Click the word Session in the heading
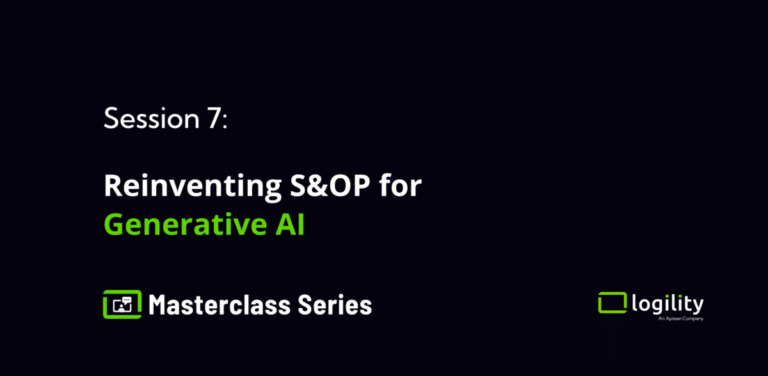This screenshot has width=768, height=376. tap(152, 118)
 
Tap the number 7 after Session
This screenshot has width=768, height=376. tap(214, 118)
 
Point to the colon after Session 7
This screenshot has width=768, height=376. tap(225, 121)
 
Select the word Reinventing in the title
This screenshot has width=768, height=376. tap(193, 186)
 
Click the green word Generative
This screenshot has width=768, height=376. tap(185, 224)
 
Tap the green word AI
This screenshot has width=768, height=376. tap(290, 224)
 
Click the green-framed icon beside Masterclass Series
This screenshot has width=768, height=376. tap(122, 304)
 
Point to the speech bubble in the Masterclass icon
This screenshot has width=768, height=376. tap(127, 301)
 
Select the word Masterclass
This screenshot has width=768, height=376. tap(220, 304)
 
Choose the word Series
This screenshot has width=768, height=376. tap(335, 304)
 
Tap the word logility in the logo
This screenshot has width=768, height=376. tap(668, 304)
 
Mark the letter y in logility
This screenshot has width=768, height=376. tap(697, 306)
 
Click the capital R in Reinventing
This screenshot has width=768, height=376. tap(113, 185)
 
